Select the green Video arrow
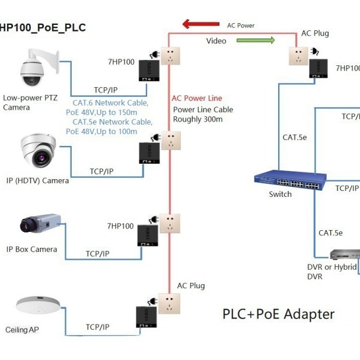[256, 40]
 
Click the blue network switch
[287, 180]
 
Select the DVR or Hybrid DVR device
[345, 255]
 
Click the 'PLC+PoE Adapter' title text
[278, 314]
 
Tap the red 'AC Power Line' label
[196, 98]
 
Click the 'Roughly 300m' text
[197, 119]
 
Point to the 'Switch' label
[280, 195]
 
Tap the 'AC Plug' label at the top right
[315, 33]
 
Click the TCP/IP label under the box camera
[97, 254]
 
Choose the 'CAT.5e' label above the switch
[294, 138]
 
